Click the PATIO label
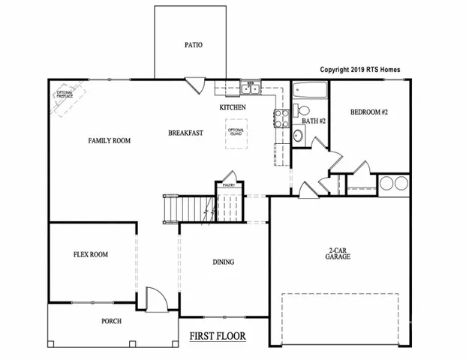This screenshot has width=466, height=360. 194,45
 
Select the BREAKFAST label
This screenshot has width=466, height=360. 186,133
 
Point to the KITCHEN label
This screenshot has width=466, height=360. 233,108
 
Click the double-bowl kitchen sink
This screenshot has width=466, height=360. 251,90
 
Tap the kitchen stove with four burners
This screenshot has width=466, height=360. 281,118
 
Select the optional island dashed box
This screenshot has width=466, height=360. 236,133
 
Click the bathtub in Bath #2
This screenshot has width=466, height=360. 308,93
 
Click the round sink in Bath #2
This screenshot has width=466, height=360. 299,136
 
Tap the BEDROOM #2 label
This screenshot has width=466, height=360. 368,112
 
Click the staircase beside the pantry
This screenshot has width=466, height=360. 188,207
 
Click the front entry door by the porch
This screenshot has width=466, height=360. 155,301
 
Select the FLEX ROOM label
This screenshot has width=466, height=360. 90,255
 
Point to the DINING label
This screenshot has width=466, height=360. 223,262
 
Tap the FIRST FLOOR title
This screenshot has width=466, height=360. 218,335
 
